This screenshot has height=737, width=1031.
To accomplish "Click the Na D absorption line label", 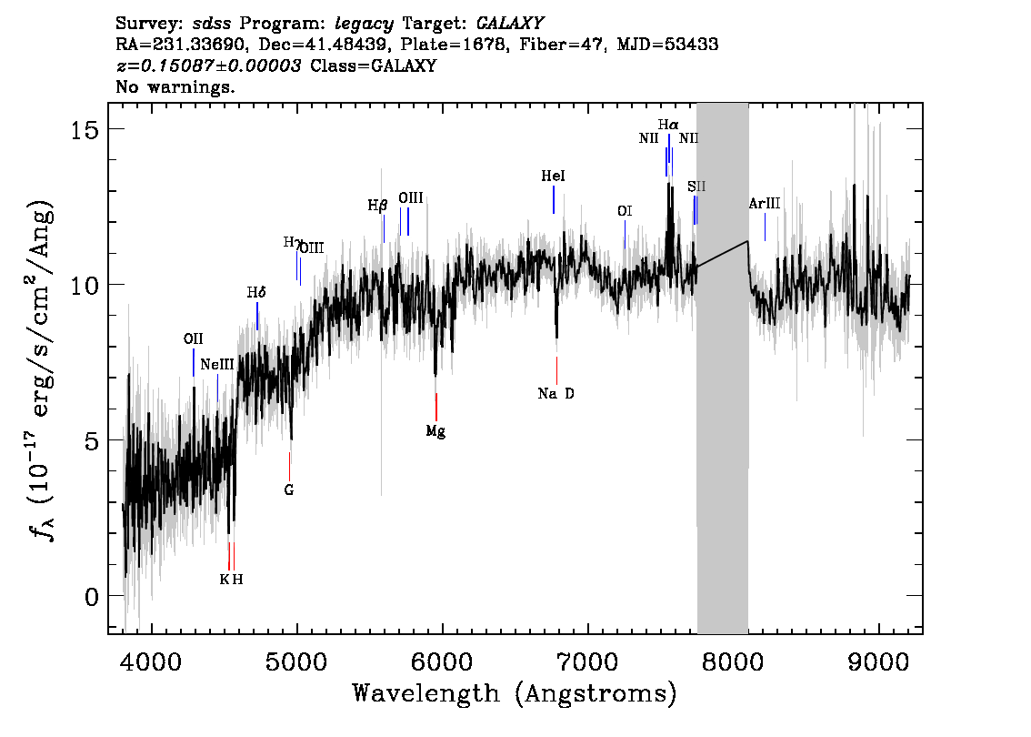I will [556, 394].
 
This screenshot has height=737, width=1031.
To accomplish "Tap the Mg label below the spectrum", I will [435, 431].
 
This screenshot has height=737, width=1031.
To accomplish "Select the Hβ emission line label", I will [377, 206].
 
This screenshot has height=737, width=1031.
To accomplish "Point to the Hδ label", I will [256, 293].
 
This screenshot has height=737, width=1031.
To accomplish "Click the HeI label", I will [553, 176].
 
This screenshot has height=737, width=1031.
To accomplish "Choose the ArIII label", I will [764, 203].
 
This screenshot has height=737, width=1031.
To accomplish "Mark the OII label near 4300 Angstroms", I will [193, 338].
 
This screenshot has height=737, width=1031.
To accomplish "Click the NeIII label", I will [217, 364].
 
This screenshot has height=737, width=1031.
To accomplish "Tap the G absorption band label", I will [289, 490].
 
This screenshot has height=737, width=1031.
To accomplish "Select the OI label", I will [625, 211].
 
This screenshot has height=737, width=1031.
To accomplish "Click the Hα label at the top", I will [668, 124].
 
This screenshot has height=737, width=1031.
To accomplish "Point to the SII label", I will [696, 187].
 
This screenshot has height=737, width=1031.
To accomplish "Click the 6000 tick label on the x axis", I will [442, 658].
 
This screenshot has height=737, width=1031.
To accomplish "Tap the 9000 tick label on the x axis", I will [879, 658].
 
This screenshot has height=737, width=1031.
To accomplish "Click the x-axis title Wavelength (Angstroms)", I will [515, 694].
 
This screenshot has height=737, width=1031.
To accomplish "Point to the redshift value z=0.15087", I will [208, 66].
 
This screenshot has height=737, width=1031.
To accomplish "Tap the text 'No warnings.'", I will [175, 87].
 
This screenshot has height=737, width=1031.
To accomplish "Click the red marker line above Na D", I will [556, 370].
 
